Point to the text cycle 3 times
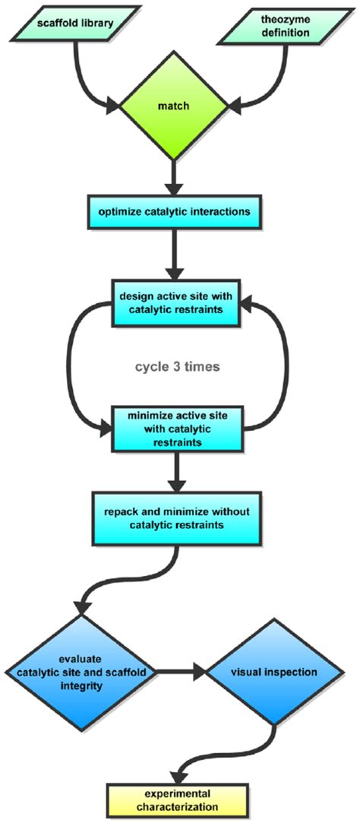click(178, 366)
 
